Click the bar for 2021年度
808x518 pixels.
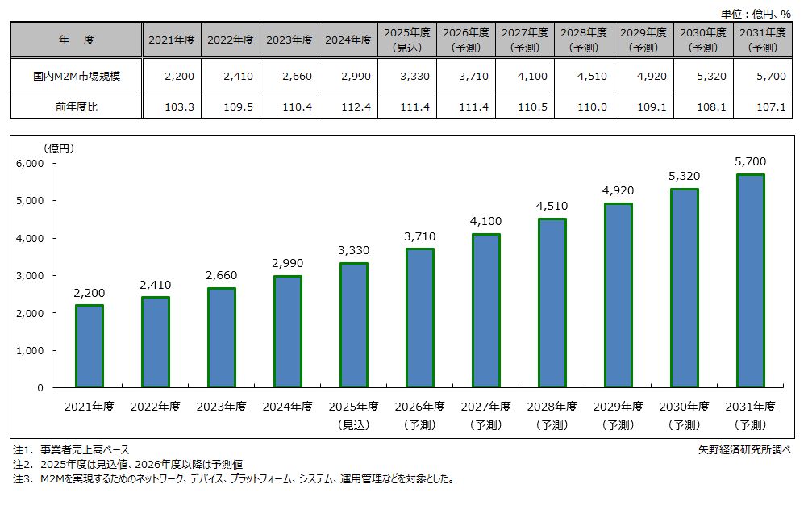pyautogui.click(x=89, y=346)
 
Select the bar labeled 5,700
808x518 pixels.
pyautogui.click(x=750, y=281)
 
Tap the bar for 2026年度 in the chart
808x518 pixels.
pyautogui.click(x=419, y=318)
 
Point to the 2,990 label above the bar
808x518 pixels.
pyautogui.click(x=287, y=264)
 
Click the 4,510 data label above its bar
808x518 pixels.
pyautogui.click(x=552, y=206)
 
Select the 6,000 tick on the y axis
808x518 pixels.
pyautogui.click(x=30, y=163)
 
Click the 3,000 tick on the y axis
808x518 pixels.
pyautogui.click(x=30, y=275)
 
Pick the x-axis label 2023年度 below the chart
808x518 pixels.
pyautogui.click(x=221, y=407)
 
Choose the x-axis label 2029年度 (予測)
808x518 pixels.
pyautogui.click(x=618, y=415)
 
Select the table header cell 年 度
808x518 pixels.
pyautogui.click(x=76, y=40)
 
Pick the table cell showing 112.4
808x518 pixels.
pyautogui.click(x=348, y=106)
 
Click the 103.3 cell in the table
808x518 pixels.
pyautogui.click(x=172, y=106)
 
